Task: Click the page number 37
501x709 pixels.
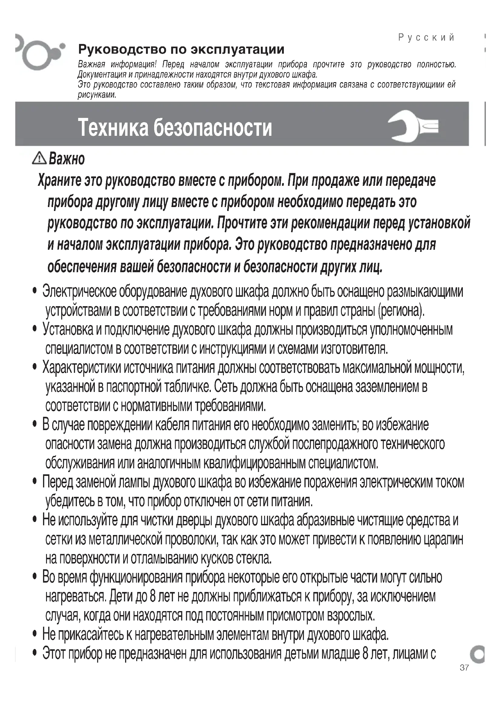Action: coord(464,667)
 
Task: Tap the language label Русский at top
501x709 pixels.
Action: coord(426,38)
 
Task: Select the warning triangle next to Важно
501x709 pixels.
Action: coord(39,159)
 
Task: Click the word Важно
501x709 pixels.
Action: coord(67,159)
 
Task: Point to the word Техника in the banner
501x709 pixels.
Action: coord(113,128)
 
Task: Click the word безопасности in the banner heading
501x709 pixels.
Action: coord(213,128)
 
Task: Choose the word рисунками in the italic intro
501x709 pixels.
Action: coord(97,95)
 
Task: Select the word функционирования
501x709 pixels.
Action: coord(136,577)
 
